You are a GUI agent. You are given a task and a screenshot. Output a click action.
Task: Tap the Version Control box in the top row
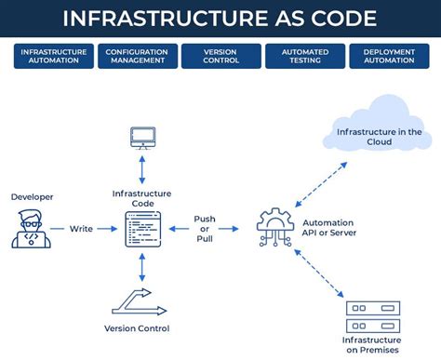220,57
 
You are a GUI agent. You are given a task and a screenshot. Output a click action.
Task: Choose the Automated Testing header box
303,57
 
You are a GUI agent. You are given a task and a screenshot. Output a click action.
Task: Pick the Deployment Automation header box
388,57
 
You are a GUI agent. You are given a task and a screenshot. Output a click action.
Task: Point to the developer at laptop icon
27,229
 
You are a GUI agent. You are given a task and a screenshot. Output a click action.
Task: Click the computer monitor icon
141,139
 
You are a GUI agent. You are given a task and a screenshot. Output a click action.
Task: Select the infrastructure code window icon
141,228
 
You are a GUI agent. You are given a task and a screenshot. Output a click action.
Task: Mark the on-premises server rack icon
372,317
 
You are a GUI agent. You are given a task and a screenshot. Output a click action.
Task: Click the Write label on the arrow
80,228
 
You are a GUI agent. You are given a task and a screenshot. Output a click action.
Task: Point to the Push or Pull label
205,228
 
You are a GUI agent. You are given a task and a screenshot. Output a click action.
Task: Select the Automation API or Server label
329,229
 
